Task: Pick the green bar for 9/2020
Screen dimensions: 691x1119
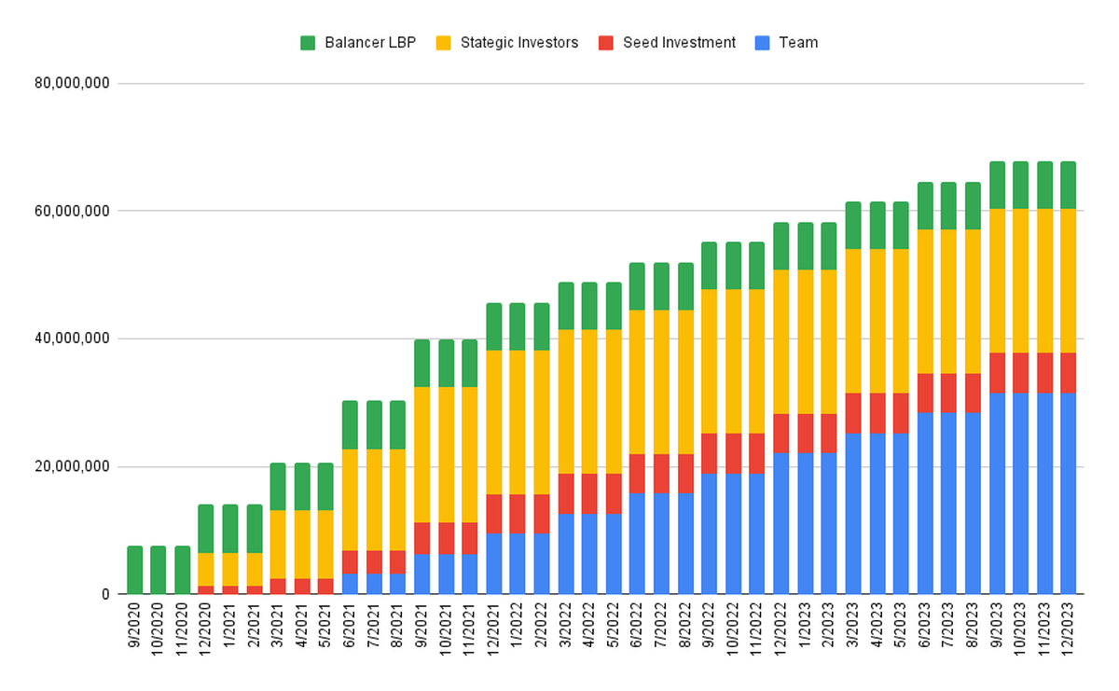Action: coord(135,570)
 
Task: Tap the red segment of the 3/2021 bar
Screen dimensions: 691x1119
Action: coord(278,586)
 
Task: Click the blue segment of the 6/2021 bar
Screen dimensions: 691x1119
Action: coord(350,584)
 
